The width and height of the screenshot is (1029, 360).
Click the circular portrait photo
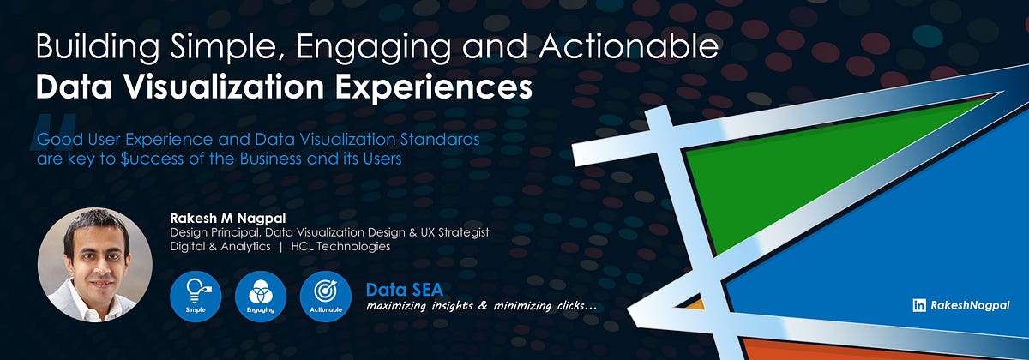(x=95, y=265)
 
